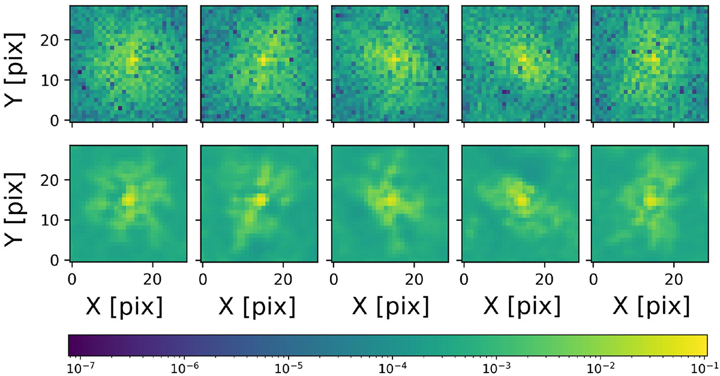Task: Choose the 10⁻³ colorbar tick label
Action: (497, 365)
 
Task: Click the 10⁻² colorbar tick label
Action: (602, 365)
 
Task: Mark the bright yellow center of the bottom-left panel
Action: (128, 200)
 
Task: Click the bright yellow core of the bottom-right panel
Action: (650, 201)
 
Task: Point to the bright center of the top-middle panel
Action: (393, 60)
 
